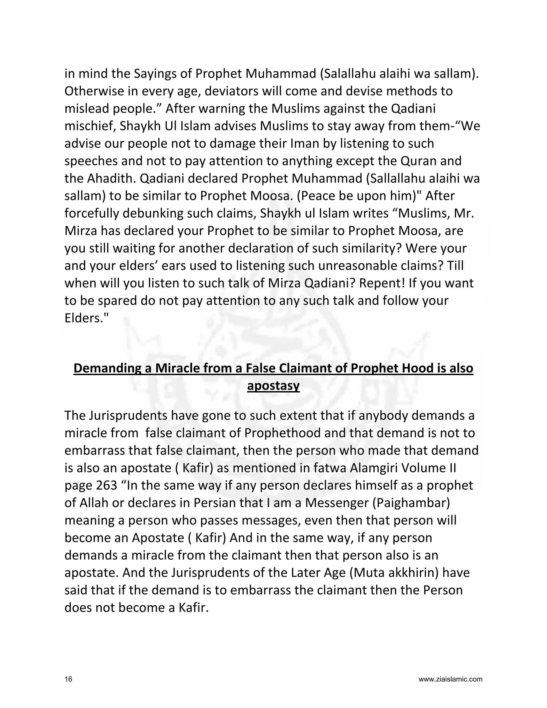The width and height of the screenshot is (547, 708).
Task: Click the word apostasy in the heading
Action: point(273,386)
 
